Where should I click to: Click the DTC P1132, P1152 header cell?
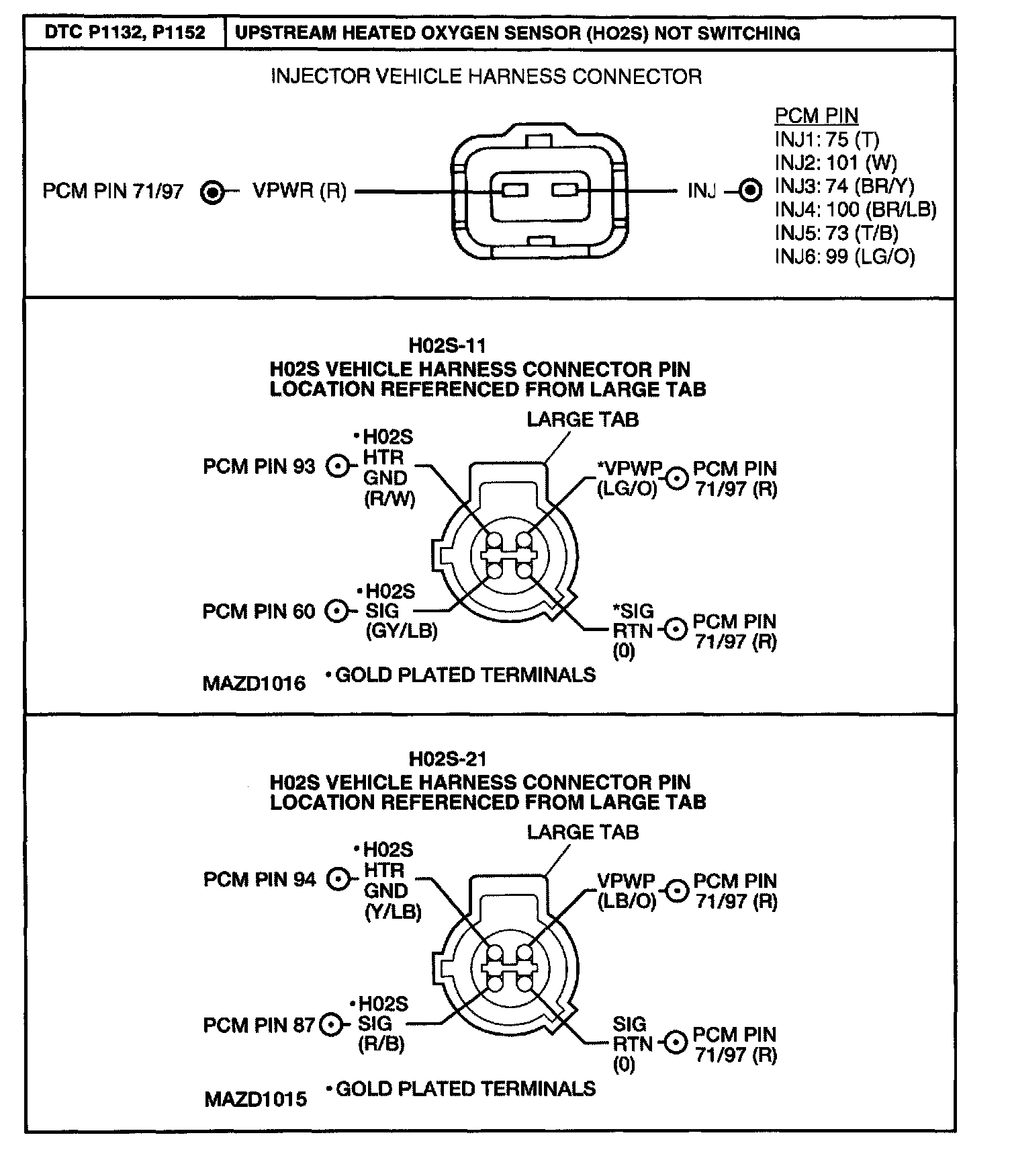124,32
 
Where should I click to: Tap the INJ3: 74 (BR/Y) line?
844,186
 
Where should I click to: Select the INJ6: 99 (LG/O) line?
844,256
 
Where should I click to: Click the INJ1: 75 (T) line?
827,139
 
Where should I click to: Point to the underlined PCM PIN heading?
816,116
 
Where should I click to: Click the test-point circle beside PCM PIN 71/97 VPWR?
212,192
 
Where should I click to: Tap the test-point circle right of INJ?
750,191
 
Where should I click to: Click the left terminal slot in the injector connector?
515,191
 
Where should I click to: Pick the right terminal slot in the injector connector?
565,191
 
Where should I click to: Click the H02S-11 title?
447,346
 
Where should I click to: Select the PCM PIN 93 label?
259,466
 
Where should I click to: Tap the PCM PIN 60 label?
259,612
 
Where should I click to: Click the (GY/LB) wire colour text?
401,630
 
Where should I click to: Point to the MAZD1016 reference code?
254,683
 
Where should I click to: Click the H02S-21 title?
447,759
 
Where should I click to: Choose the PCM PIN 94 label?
259,879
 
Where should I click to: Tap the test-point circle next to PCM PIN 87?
330,1025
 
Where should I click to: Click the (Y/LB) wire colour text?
393,911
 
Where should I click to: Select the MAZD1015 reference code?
255,1100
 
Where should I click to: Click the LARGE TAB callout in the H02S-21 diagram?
582,832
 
